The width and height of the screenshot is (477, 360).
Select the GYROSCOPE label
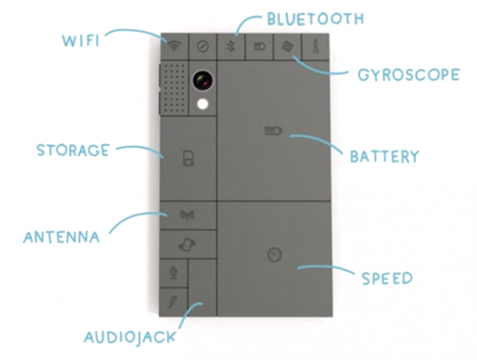(x=409, y=75)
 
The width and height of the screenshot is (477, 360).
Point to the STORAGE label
(x=72, y=150)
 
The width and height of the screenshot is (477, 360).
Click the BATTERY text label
(x=384, y=157)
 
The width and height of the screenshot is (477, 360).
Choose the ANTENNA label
(x=62, y=237)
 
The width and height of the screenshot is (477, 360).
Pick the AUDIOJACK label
(x=130, y=336)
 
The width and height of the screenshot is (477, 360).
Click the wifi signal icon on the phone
(x=175, y=45)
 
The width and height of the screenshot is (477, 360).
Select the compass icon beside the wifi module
(x=202, y=45)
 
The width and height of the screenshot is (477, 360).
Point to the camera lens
(x=203, y=79)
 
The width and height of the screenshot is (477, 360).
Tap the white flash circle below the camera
(x=203, y=104)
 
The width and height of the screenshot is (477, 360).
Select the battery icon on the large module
(x=273, y=132)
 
